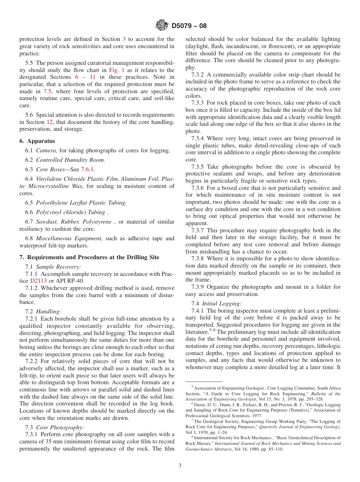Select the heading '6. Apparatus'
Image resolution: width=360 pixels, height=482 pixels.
[x=37, y=141]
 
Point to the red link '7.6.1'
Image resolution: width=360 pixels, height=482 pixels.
[x=88, y=169]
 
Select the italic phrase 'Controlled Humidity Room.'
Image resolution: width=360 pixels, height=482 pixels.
[x=70, y=160]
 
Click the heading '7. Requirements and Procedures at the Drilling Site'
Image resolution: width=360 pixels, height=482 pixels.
[x=89, y=257]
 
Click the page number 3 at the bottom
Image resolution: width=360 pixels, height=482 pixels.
[x=180, y=466]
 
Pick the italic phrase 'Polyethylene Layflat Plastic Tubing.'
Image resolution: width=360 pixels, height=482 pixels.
[x=81, y=203]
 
